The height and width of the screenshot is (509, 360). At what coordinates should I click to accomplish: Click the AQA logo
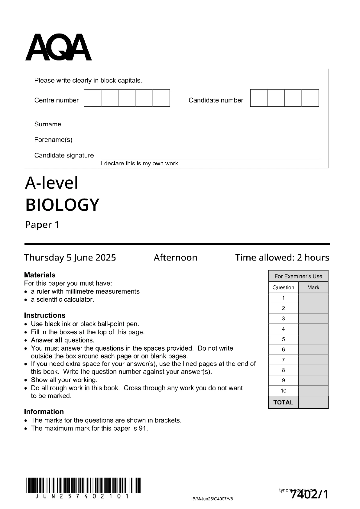click(x=58, y=48)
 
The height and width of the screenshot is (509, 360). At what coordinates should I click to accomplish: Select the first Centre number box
click(x=92, y=98)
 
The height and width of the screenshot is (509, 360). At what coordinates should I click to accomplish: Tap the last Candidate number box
click(x=310, y=98)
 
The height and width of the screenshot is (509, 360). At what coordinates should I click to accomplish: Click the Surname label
click(x=48, y=124)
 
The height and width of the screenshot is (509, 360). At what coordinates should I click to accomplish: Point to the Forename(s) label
click(x=53, y=140)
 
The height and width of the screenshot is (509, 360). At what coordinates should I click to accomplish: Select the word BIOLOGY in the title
click(x=62, y=205)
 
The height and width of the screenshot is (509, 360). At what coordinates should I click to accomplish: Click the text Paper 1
click(x=42, y=225)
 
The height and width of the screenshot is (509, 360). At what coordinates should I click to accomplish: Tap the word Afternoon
click(x=175, y=258)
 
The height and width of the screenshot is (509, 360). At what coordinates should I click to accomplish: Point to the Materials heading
click(x=40, y=275)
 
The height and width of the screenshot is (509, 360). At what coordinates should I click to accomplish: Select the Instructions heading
click(x=45, y=315)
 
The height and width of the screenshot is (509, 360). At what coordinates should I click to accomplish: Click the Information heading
click(x=44, y=412)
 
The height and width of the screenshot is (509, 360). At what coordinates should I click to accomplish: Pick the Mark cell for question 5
click(x=313, y=339)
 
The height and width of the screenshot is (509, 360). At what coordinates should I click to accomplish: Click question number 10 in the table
click(x=283, y=391)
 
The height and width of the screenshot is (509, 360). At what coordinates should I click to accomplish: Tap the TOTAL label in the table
click(x=283, y=402)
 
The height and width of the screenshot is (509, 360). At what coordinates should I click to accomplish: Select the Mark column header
click(x=313, y=287)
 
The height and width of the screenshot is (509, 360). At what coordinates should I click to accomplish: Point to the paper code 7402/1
click(x=309, y=495)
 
